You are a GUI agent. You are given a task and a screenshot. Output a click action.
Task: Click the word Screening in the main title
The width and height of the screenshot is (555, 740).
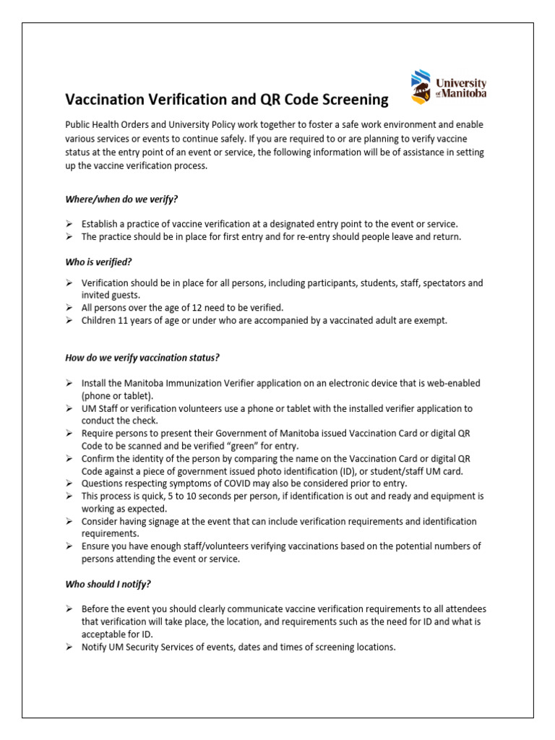[353, 99]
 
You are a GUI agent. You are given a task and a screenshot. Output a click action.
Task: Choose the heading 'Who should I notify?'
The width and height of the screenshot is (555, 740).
[108, 583]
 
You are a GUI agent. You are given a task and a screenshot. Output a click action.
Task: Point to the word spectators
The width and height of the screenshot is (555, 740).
[442, 283]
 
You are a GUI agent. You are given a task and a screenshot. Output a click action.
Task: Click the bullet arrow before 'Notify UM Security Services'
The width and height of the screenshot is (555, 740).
[69, 647]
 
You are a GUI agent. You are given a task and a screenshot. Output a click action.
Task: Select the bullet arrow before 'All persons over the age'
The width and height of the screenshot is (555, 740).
[69, 307]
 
